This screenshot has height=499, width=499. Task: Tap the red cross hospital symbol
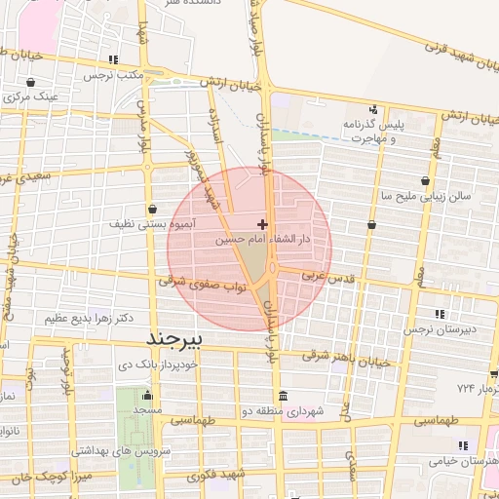coord(262,224)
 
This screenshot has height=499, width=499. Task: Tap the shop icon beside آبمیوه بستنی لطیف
coord(153,209)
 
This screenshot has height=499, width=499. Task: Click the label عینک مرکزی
coord(34,96)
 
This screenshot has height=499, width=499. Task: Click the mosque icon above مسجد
coord(147,397)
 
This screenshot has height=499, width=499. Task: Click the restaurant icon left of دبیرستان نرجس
coord(440,314)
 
